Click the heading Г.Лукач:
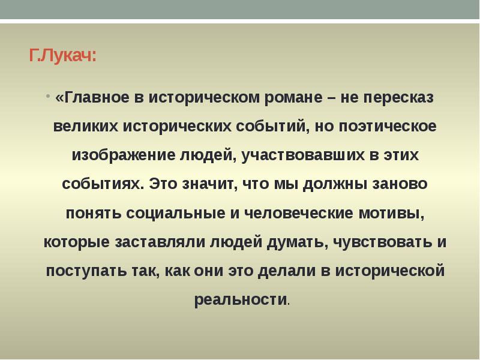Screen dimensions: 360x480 [x=62, y=57]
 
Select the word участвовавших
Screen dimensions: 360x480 [x=301, y=155]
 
